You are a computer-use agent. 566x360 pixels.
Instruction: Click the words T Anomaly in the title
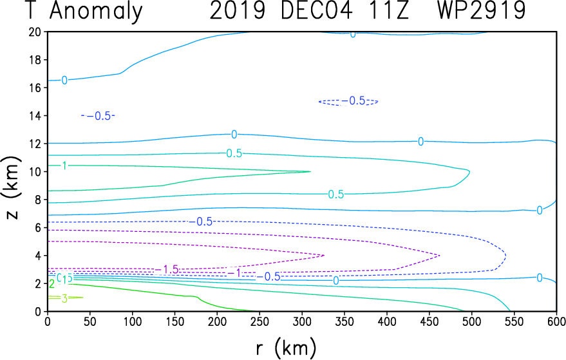click(84, 11)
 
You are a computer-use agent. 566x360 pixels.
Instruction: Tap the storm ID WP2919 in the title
click(481, 10)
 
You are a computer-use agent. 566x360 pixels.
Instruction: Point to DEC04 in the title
click(316, 10)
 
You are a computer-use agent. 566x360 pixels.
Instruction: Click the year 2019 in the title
click(238, 10)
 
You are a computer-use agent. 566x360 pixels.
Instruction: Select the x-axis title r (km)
click(286, 348)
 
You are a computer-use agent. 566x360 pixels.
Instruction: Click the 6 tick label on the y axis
click(38, 227)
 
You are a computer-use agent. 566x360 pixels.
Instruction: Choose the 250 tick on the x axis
click(259, 321)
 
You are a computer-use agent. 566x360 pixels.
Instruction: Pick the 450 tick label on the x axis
click(429, 321)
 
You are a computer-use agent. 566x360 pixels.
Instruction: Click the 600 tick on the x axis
click(556, 321)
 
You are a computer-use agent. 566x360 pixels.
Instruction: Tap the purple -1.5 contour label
click(167, 269)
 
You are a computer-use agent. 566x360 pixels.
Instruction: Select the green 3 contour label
click(64, 299)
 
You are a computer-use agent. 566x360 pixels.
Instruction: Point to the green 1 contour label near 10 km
click(64, 166)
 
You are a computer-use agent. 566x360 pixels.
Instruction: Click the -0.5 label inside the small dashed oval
click(354, 100)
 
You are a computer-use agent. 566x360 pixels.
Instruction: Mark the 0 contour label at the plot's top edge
click(353, 34)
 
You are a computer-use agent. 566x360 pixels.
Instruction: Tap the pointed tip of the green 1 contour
click(310, 171)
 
